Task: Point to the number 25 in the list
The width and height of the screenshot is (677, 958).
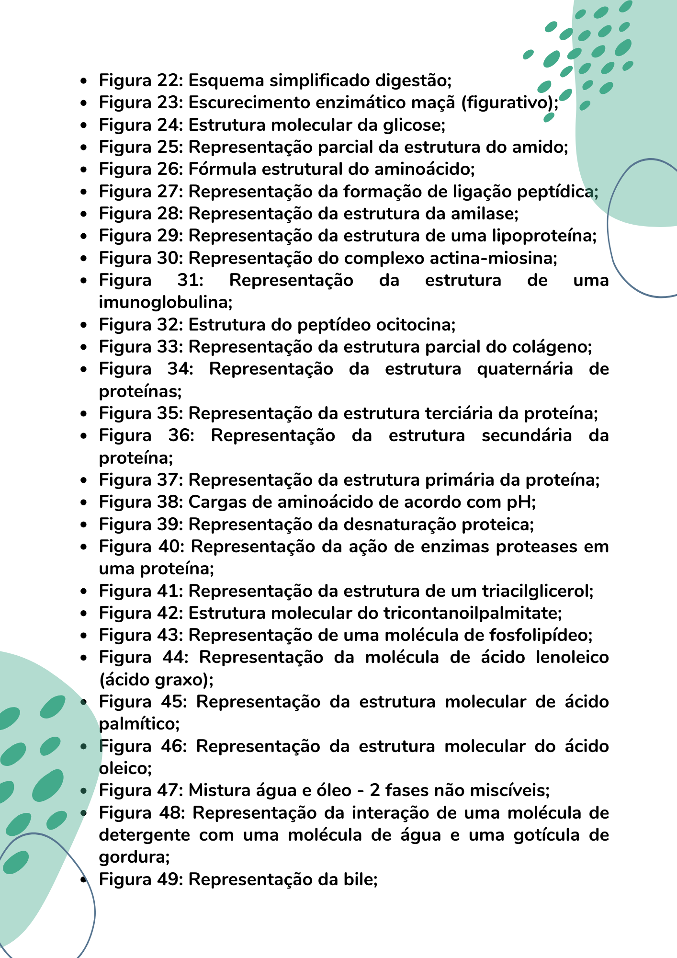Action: [167, 147]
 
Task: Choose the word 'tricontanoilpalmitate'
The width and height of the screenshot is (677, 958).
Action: [471, 613]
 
